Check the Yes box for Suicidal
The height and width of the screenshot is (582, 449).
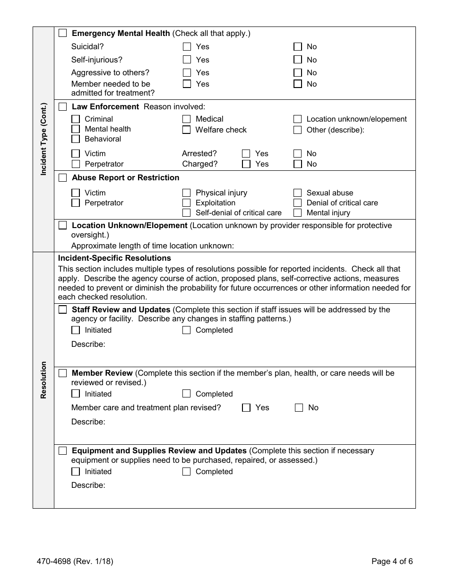187,46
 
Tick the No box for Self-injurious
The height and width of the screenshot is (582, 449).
297,60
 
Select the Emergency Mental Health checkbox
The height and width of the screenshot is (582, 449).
62,33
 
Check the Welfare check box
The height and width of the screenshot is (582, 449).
186,130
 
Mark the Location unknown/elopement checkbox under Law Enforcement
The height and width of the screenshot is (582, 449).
297,119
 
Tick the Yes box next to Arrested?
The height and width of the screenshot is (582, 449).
246,153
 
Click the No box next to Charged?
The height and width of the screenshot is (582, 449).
297,164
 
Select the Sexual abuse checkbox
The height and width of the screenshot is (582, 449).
297,193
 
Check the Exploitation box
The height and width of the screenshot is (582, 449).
186,203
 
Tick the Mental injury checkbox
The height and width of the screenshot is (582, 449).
297,212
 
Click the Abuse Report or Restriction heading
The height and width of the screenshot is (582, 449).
125,177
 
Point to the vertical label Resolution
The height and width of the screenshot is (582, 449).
43,380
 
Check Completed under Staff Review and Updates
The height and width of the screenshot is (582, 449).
186,330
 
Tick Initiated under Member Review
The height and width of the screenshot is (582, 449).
76,394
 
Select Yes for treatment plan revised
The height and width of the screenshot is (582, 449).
246,407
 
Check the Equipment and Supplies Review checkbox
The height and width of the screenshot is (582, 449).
62,450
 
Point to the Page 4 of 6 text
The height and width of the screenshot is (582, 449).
392,562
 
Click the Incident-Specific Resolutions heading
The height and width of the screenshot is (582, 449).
114,258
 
